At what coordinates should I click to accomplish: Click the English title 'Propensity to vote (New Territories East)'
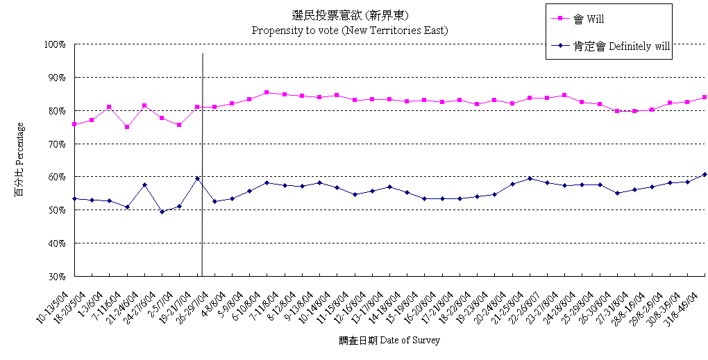pyautogui.click(x=349, y=31)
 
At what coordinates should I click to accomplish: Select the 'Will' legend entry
pyautogui.click(x=596, y=19)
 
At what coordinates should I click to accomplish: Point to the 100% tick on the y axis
pyautogui.click(x=54, y=44)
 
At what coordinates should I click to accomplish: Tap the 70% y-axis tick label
pyautogui.click(x=56, y=144)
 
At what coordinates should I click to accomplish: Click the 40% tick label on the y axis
pyautogui.click(x=56, y=243)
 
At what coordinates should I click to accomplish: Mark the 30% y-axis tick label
pyautogui.click(x=56, y=277)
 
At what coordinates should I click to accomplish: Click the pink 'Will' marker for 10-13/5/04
pyautogui.click(x=74, y=124)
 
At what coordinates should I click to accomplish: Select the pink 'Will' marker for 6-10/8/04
pyautogui.click(x=267, y=92)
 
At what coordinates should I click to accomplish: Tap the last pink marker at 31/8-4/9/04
pyautogui.click(x=705, y=97)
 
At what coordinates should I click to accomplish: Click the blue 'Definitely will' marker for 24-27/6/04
pyautogui.click(x=162, y=212)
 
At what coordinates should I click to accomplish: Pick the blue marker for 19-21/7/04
pyautogui.click(x=197, y=178)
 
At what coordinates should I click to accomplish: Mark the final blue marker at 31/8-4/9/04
pyautogui.click(x=705, y=174)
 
